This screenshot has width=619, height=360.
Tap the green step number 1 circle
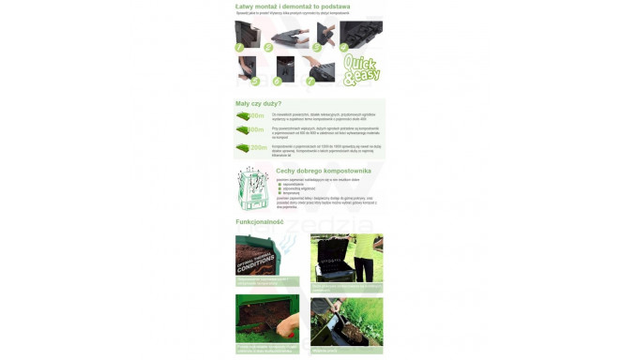(240, 46)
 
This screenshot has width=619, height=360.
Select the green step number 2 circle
(267, 47)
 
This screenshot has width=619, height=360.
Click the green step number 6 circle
(278, 81)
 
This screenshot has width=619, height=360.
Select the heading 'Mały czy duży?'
(258, 104)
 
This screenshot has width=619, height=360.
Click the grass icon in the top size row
(243, 116)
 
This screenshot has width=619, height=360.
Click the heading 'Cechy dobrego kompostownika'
(323, 172)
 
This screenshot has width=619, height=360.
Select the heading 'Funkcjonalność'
(259, 222)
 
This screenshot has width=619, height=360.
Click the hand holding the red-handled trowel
(292, 324)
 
